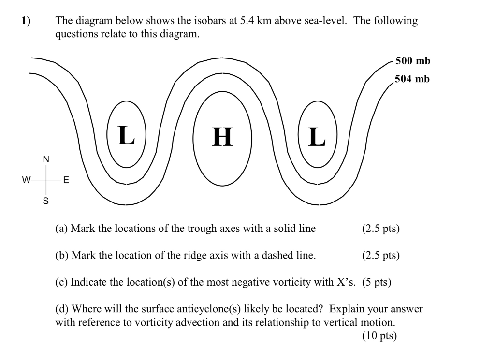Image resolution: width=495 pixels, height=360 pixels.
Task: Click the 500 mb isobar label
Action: [x=412, y=61]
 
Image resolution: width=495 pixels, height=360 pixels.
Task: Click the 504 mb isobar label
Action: [x=412, y=79]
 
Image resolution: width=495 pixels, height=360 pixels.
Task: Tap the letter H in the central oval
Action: [x=222, y=137]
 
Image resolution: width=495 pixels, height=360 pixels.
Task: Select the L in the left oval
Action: [x=126, y=135]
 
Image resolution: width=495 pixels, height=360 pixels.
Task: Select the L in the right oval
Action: [x=317, y=137]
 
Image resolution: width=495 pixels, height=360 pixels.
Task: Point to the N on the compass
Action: [x=46, y=159]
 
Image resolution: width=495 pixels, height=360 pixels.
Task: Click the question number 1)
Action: [x=25, y=21]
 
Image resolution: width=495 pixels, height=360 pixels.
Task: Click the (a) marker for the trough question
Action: [x=61, y=229]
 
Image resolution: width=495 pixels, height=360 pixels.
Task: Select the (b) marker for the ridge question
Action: [x=62, y=255]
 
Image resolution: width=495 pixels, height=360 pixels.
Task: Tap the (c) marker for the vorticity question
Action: [x=61, y=282]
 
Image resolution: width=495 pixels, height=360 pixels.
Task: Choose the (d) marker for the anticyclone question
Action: [x=62, y=309]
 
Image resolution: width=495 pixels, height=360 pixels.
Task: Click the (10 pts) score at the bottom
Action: [x=379, y=336]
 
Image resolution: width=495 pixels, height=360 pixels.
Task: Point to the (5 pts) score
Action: [x=377, y=282]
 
